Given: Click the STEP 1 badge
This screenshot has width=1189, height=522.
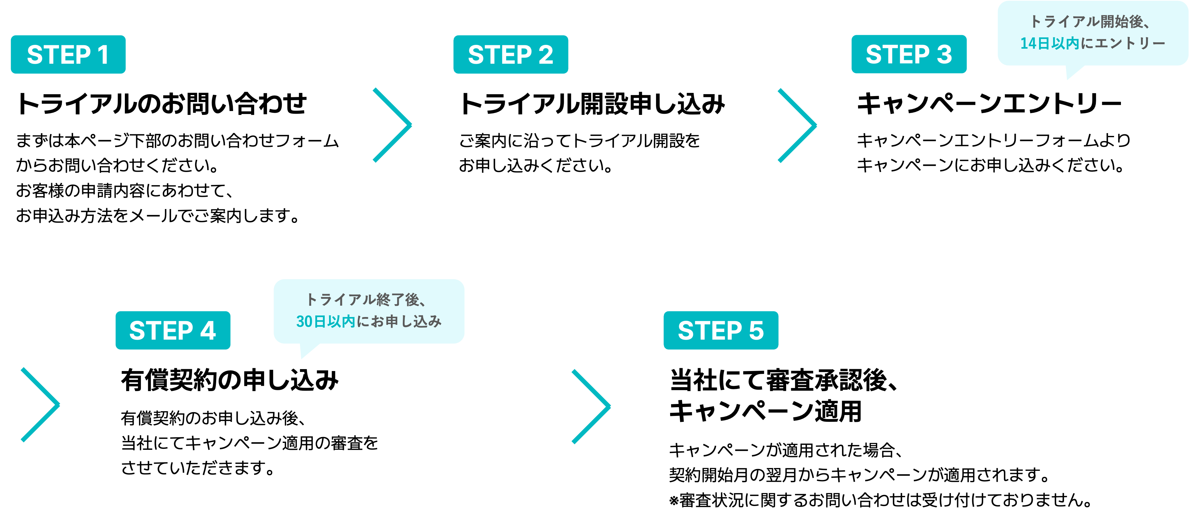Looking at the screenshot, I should [68, 55].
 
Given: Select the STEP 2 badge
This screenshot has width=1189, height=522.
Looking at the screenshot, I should [510, 55].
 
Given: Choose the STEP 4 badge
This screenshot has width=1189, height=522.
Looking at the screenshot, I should [173, 330].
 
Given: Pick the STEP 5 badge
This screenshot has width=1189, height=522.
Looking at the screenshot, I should [721, 330].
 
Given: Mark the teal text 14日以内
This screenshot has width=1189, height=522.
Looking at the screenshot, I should [1049, 43].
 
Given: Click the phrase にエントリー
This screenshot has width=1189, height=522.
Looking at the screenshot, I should [1122, 43].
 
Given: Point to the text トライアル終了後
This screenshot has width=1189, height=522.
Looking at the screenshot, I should [363, 300].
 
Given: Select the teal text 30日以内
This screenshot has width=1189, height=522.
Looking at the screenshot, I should [325, 321].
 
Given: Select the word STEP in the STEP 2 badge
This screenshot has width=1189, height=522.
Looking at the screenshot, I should [500, 55].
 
